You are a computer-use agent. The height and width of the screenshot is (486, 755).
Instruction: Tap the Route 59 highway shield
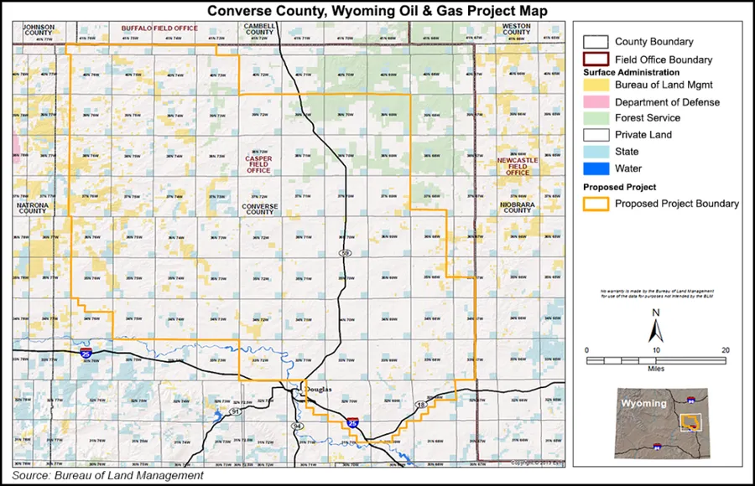click(x=344, y=251)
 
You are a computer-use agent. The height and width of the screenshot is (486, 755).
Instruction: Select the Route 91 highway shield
click(x=236, y=412)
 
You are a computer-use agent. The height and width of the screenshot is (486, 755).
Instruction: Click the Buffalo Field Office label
click(x=159, y=28)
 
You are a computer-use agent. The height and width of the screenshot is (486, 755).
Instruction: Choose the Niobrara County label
click(x=517, y=206)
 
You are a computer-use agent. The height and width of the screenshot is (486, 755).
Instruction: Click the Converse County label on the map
click(x=259, y=208)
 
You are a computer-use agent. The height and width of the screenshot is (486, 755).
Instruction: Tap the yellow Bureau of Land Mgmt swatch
click(x=595, y=86)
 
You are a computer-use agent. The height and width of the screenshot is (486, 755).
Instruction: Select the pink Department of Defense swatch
click(x=595, y=102)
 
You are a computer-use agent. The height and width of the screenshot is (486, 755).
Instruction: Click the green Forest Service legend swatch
click(x=595, y=118)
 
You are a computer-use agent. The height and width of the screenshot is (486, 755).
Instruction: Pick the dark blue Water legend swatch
click(x=595, y=168)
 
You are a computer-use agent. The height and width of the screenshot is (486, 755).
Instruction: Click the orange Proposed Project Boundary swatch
click(x=595, y=204)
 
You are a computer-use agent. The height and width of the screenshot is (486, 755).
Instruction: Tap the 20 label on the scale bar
click(x=725, y=349)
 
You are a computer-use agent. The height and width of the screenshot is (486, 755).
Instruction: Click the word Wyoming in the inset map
click(x=643, y=403)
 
